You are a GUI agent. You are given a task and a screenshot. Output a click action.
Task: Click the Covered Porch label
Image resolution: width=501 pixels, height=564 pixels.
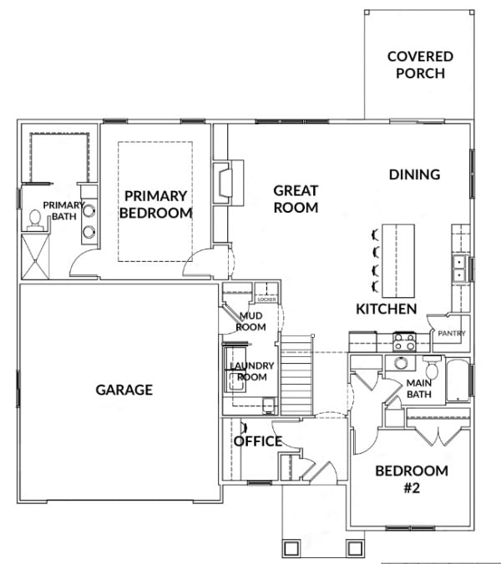(420, 65)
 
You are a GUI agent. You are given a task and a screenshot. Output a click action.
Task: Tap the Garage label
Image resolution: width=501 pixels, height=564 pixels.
(124, 390)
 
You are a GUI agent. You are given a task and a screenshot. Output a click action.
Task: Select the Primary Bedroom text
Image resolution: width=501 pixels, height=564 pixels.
(156, 204)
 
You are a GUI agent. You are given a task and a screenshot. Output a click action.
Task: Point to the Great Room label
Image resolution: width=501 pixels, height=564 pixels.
(296, 199)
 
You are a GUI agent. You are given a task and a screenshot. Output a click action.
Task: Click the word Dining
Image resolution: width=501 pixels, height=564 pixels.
(415, 174)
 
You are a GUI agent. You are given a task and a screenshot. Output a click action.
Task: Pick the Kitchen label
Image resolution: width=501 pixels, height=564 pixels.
(387, 309)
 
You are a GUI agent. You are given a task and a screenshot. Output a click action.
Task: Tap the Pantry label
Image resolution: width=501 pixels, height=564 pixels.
(452, 334)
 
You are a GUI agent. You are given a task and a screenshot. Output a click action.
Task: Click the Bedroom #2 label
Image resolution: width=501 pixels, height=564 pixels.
(412, 479)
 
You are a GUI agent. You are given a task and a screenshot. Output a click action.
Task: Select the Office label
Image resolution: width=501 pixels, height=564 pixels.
(258, 441)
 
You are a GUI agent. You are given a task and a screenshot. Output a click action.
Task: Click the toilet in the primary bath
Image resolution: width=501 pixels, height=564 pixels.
(35, 220)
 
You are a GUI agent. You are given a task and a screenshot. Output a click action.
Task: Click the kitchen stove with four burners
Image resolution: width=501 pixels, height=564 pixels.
(404, 342)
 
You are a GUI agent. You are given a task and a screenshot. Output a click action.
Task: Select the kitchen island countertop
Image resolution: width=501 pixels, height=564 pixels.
(398, 261)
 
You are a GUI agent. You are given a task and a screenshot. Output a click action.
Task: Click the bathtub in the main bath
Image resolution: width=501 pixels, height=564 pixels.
(458, 380)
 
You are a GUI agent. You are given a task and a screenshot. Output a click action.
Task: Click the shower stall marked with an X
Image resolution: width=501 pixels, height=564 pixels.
(35, 256)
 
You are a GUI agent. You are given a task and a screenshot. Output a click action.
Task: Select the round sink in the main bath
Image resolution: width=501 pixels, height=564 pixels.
(401, 363)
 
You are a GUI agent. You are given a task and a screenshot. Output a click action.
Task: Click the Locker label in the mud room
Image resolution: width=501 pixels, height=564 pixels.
(266, 300)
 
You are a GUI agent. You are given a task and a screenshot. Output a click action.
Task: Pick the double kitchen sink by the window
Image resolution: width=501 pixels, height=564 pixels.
(459, 269)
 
